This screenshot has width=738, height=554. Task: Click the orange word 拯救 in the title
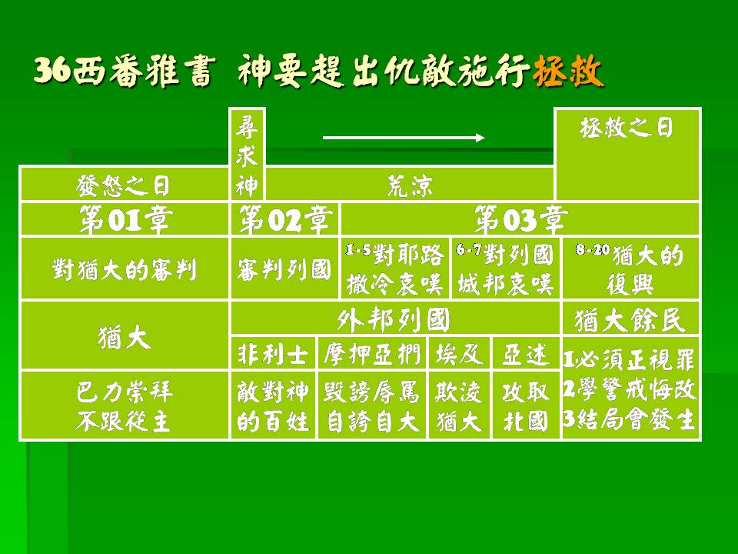[568, 72]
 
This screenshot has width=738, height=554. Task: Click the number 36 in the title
[53, 71]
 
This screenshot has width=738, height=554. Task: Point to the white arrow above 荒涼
[404, 138]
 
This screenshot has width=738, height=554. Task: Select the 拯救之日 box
[628, 155]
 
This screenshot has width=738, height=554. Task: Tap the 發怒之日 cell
[125, 183]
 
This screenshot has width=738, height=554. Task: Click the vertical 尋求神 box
[247, 155]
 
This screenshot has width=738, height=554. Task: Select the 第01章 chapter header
[125, 219]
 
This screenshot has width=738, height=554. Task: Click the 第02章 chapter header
[284, 219]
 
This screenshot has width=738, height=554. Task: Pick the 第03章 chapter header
[520, 219]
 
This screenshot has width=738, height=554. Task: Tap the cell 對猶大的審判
[125, 269]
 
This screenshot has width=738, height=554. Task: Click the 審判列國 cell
[284, 269]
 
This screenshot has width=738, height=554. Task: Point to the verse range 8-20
[593, 249]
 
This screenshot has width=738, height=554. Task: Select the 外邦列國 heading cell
[395, 319]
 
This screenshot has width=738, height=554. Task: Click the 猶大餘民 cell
[630, 319]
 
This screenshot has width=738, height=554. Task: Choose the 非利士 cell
[273, 353]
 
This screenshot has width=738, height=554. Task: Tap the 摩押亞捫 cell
[372, 353]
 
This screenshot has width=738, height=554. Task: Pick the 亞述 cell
[526, 353]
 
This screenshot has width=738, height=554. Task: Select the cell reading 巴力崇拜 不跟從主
[125, 405]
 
